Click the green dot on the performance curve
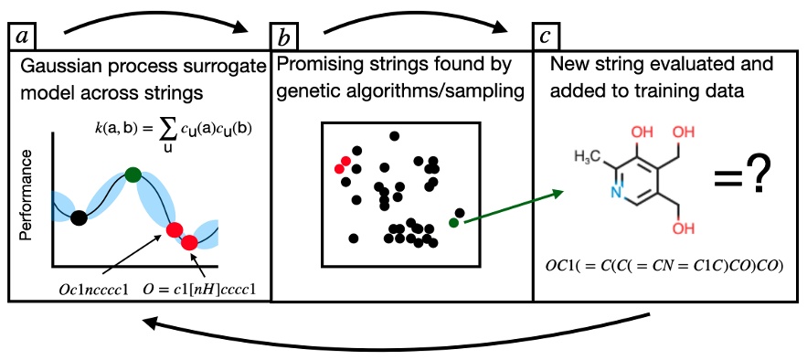pos(133,174)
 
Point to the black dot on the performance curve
pos(80,217)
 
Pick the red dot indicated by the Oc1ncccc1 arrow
pos(173,228)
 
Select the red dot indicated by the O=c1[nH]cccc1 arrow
pos(189,242)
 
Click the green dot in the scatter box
pos(453,222)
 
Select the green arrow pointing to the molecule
pos(507,206)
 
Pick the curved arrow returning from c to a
pos(402,328)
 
